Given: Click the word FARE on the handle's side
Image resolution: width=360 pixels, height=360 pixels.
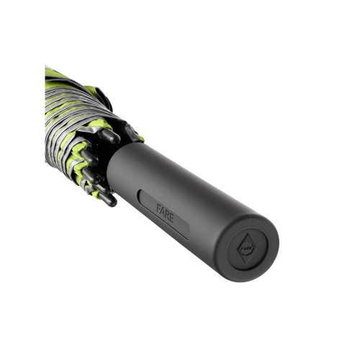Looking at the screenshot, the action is coord(165,213).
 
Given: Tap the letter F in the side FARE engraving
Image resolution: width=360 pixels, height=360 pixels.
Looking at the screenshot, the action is coord(159,208).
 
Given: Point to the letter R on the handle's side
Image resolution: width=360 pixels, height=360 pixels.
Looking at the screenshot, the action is coord(167,215).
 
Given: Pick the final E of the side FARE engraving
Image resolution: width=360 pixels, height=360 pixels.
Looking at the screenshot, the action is coord(171,218).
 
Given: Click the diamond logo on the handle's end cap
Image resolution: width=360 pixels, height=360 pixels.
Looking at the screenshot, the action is coord(246,248).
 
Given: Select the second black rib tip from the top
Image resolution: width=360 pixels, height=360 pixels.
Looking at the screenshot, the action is coord(89,157).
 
